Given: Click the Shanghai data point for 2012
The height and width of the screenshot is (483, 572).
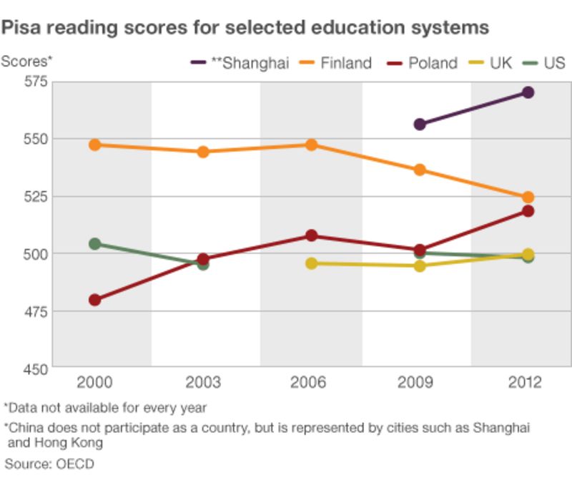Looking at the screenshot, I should [528, 92].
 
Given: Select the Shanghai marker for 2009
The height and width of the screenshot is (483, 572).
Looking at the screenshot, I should [420, 125].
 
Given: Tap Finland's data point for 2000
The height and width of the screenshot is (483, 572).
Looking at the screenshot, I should [94, 145].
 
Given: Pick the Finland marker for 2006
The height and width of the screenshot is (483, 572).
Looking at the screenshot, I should [312, 145].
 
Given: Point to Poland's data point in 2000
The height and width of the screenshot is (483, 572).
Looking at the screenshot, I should [94, 300].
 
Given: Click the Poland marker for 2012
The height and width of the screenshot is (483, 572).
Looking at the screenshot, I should [528, 211].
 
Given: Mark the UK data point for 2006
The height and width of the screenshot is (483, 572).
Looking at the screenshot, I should [312, 263].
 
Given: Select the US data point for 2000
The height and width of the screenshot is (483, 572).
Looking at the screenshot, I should [94, 244].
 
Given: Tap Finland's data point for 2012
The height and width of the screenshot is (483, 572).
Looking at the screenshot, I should [528, 197].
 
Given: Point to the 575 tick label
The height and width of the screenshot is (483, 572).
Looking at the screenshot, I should [34, 81].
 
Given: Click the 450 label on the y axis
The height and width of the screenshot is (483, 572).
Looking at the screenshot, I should [34, 369].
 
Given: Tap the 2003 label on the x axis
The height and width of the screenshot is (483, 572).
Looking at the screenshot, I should [203, 383].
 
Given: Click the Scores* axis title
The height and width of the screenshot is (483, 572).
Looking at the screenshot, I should [27, 61].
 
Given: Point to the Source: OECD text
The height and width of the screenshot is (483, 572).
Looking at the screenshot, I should [49, 464].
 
